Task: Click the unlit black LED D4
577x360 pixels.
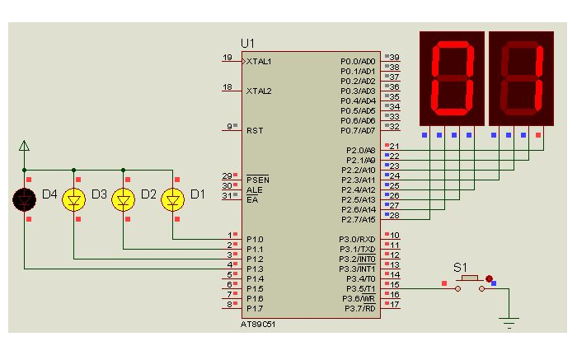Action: pos(24,199)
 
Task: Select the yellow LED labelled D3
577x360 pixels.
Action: pos(74,199)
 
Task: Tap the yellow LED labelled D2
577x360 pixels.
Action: pos(124,199)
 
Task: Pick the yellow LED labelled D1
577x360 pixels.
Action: pos(172,199)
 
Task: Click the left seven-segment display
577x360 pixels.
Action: pos(452,78)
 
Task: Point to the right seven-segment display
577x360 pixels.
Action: pos(521,78)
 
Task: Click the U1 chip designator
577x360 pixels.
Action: pos(247,44)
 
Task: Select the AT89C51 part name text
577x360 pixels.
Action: pos(257,325)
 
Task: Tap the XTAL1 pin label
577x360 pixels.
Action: pos(259,62)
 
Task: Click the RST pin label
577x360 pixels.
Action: pos(255,130)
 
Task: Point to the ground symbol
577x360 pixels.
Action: pos(509,322)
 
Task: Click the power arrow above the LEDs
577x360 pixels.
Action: pos(24,146)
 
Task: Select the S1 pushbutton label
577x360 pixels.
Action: pos(460,268)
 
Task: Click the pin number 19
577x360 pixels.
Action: pos(228,58)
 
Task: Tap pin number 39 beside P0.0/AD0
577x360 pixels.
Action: pos(395,57)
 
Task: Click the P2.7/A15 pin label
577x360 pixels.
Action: pos(359,219)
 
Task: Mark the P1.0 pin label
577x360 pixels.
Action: pos(255,240)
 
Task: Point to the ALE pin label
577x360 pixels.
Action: pos(254,190)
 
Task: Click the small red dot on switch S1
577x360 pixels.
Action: pos(489,278)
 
